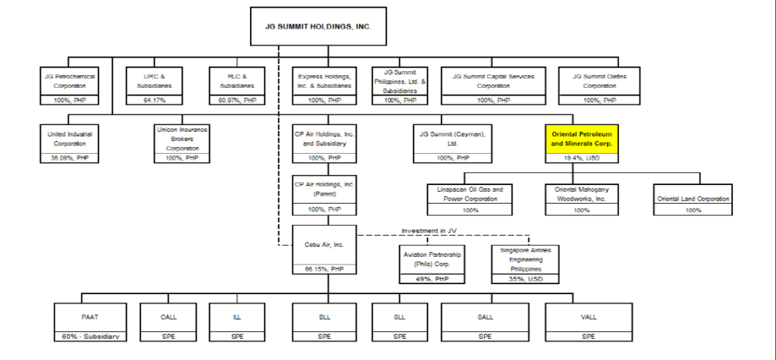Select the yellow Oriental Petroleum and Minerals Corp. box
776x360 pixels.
580,137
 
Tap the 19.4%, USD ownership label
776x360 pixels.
580,157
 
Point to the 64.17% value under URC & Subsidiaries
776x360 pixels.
154,100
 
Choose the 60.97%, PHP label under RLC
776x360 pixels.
237,100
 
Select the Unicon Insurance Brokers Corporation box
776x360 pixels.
183,138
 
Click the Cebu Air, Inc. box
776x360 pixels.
324,244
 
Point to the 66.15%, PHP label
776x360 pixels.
324,268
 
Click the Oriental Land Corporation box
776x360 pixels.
693,199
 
